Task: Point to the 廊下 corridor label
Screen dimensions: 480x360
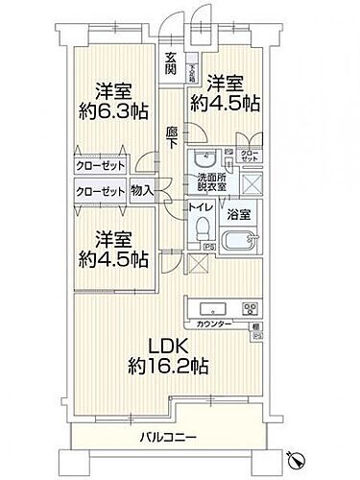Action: coord(171,137)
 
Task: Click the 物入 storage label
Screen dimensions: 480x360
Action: coord(142,191)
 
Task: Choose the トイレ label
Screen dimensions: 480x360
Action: coord(200,205)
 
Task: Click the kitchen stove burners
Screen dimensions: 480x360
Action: coord(251,309)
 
